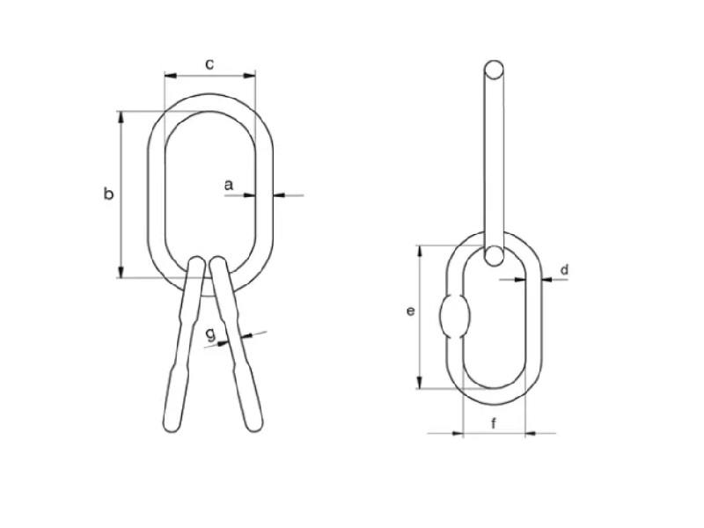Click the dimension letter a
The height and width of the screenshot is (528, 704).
[x=229, y=185]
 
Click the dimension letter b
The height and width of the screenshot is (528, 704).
[x=108, y=194]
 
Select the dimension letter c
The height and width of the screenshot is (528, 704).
[x=209, y=64]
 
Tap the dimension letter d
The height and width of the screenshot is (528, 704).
[x=564, y=269]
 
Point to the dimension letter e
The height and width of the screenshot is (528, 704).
[x=410, y=311]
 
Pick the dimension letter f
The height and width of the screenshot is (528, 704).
[x=494, y=423]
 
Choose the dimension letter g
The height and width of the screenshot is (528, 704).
[x=210, y=334]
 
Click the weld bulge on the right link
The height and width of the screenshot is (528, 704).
[x=454, y=316]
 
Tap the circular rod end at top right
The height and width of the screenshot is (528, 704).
[x=494, y=70]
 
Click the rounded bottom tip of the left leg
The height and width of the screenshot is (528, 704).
[x=172, y=424]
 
